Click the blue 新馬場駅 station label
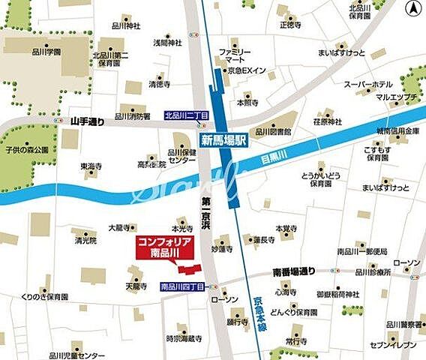coord(223,140)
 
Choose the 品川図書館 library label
coord(276,130)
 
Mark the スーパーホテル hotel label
coord(367,85)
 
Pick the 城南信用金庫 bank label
coord(397,130)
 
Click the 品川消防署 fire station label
coord(132,116)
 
